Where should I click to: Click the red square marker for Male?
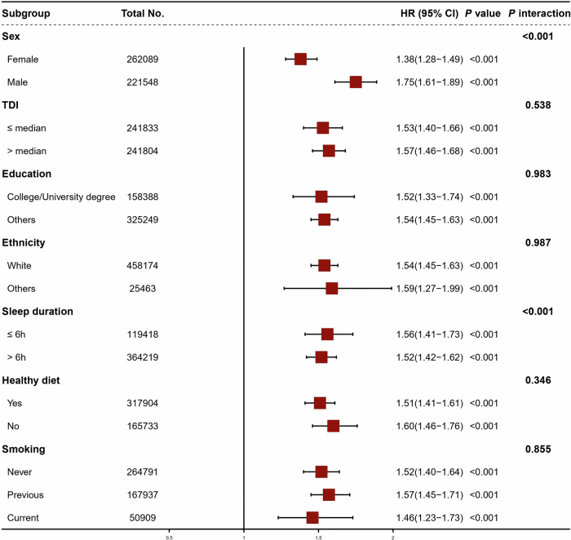(x=356, y=82)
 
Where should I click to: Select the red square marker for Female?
(x=300, y=59)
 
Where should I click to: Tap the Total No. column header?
(x=143, y=14)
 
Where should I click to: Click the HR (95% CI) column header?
(x=429, y=14)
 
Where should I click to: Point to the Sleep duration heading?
(x=38, y=312)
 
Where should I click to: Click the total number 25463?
(x=143, y=289)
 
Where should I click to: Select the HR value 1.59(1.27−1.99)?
(x=430, y=289)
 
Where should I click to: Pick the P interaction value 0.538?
(x=538, y=105)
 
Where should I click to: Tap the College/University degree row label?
(x=61, y=197)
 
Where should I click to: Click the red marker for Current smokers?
(x=312, y=517)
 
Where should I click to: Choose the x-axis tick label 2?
(x=393, y=538)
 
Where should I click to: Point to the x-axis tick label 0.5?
(x=170, y=538)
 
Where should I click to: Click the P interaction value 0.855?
(x=538, y=449)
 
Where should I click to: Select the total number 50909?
(x=143, y=518)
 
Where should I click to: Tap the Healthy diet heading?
(x=31, y=380)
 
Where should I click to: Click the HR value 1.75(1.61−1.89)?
(x=430, y=82)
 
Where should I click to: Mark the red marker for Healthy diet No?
(x=333, y=426)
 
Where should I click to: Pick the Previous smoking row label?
(x=25, y=495)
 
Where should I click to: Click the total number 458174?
(x=143, y=265)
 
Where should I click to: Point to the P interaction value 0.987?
(x=538, y=242)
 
